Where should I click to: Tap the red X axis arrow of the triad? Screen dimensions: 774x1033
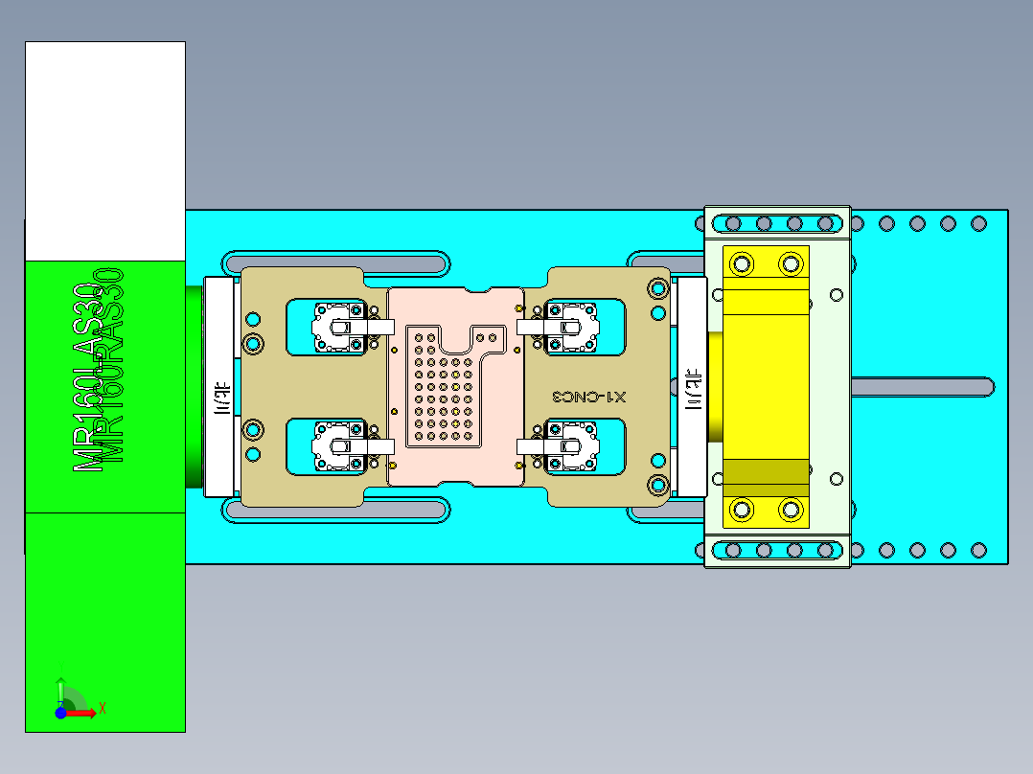tap(86, 712)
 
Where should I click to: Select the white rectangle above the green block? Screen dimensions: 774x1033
tap(104, 149)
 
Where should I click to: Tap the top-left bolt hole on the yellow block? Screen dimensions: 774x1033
tap(741, 262)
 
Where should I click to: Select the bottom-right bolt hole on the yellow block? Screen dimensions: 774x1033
tap(791, 510)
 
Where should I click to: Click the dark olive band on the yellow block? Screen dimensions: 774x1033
tap(766, 472)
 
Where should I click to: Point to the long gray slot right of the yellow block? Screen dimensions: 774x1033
tap(920, 386)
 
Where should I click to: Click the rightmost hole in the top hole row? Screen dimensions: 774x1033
tap(978, 224)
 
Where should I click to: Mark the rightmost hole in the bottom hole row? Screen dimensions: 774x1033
tap(978, 550)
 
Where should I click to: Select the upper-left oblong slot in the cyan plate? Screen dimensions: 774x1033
tap(335, 260)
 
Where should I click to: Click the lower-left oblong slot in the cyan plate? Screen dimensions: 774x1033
tap(335, 512)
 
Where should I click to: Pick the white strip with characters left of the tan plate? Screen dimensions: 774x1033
tap(221, 398)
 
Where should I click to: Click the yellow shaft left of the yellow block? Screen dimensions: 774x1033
tap(715, 386)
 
